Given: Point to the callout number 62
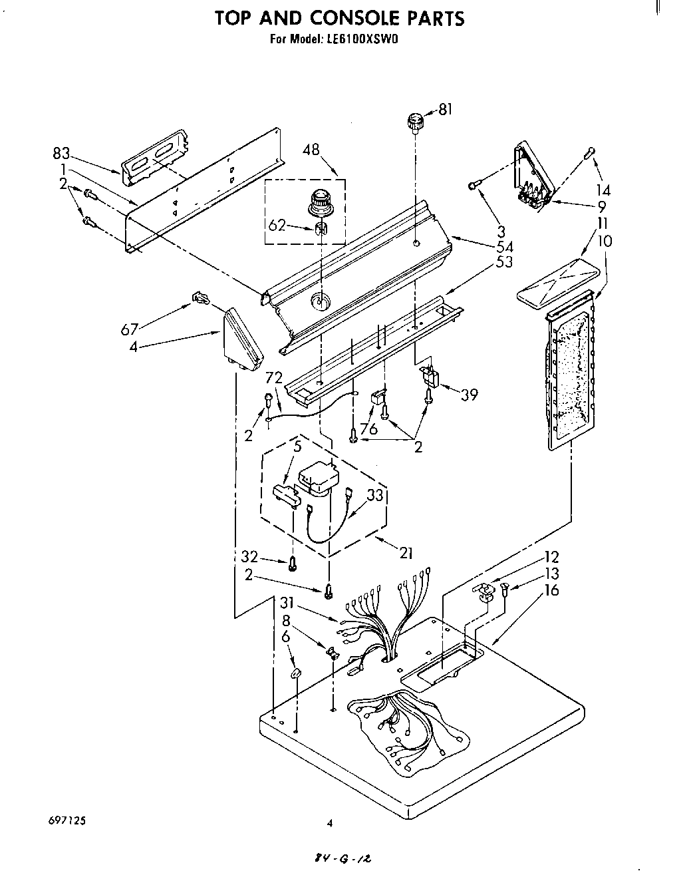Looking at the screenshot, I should click(276, 225).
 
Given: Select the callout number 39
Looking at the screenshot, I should click(469, 395).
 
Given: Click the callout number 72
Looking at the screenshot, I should click(273, 379).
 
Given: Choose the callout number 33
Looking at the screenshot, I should click(375, 494).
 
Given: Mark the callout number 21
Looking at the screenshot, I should click(406, 552).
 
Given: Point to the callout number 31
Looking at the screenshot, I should click(286, 603).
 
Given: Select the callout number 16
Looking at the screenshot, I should click(551, 590).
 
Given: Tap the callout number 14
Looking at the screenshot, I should click(603, 190).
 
